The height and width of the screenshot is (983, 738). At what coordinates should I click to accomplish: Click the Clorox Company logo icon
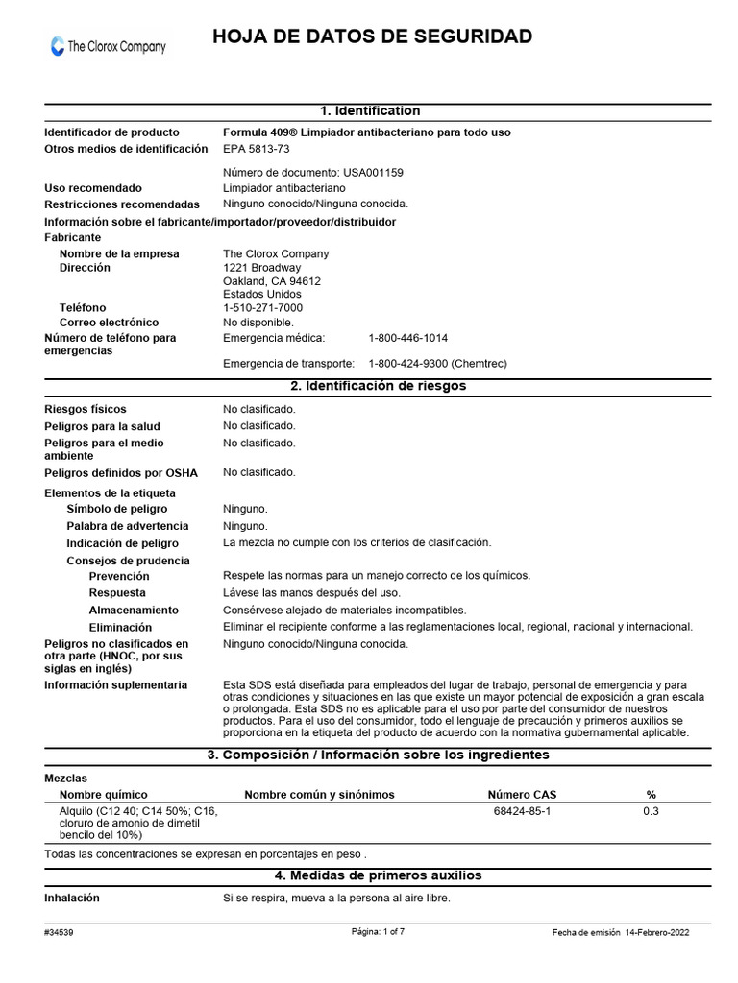58,46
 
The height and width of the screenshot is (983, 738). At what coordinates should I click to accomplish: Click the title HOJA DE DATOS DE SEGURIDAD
372,37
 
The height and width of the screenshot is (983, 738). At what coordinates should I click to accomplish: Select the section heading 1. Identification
370,111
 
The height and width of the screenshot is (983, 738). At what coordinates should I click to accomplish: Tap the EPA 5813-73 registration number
256,149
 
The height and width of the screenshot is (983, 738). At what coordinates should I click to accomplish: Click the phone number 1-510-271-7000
262,308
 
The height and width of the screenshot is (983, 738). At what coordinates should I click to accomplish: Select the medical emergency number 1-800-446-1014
407,338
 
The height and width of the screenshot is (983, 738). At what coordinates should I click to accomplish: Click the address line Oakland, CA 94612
272,281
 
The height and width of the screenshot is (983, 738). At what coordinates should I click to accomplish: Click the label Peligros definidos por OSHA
121,473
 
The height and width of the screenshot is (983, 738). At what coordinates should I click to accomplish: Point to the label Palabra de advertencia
128,526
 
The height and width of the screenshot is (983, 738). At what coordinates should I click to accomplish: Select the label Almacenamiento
134,611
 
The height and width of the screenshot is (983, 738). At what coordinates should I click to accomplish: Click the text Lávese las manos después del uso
311,593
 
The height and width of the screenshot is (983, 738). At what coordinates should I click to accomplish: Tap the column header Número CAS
522,795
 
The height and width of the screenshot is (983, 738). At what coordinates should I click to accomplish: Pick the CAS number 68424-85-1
522,811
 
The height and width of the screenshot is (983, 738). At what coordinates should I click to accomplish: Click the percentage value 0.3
651,811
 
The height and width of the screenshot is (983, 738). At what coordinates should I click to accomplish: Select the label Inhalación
72,899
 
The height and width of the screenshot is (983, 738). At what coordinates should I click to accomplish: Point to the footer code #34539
60,932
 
